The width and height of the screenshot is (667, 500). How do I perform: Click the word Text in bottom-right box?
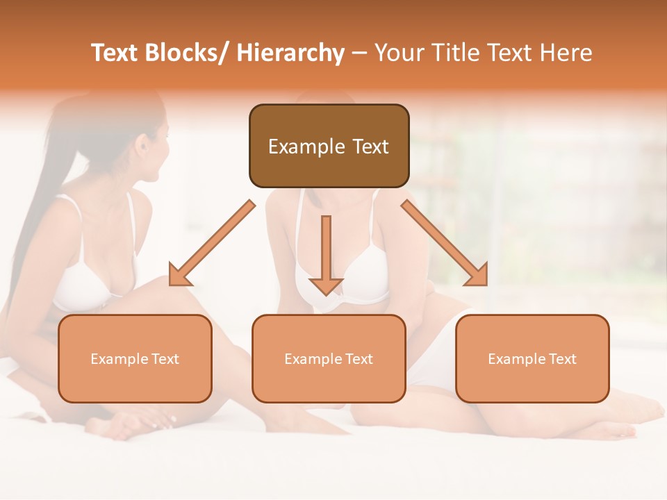562,359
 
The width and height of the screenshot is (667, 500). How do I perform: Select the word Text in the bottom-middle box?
359,359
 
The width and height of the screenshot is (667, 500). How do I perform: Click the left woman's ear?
143,149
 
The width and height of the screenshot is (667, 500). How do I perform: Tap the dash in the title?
360,53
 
